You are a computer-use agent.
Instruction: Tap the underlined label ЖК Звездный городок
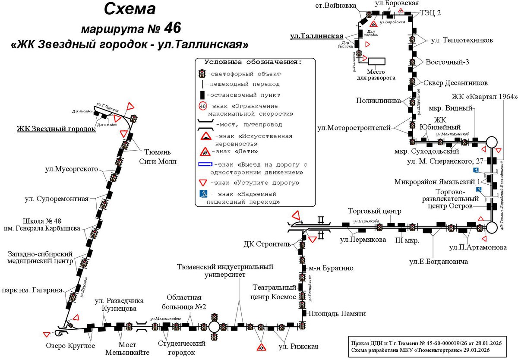point(56,129)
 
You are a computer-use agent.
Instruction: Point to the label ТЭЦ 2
point(430,13)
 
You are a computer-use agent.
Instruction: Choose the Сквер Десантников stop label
point(455,83)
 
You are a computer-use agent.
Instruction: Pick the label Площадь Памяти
point(337,314)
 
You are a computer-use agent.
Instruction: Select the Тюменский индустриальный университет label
point(225,271)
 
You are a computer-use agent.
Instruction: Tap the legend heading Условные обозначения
point(253,62)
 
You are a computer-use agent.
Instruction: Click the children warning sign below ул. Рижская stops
point(261,347)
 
